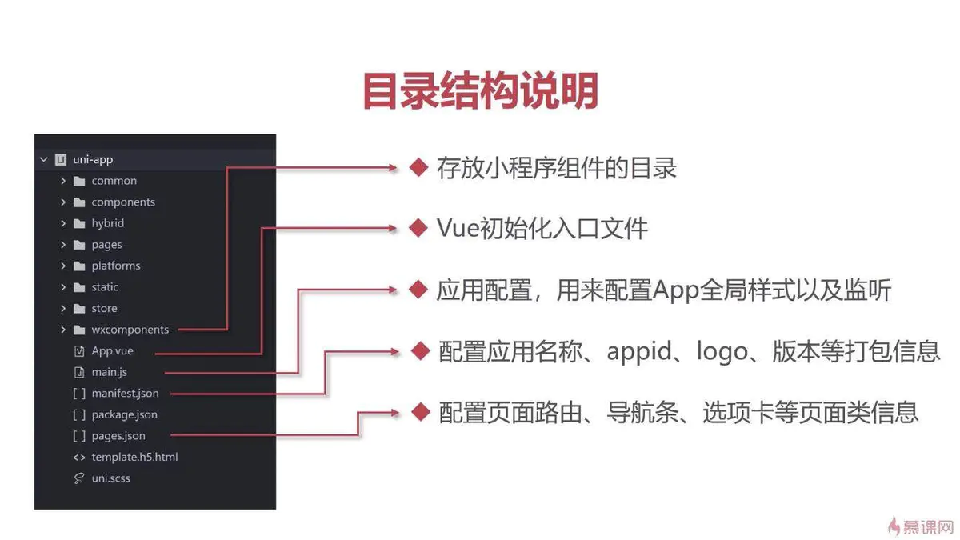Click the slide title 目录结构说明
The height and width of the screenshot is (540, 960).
pyautogui.click(x=480, y=90)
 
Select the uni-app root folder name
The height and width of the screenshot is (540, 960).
pyautogui.click(x=92, y=159)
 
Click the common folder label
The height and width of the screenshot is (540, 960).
pyautogui.click(x=114, y=181)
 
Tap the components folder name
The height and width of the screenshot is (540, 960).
pyautogui.click(x=123, y=202)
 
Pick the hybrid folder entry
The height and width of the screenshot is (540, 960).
pyautogui.click(x=107, y=223)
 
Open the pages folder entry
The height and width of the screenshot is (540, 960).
pyautogui.click(x=106, y=245)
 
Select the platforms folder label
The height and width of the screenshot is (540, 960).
pyautogui.click(x=115, y=266)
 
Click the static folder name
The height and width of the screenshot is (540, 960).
pyautogui.click(x=105, y=287)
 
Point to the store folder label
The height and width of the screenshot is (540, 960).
pyautogui.click(x=104, y=308)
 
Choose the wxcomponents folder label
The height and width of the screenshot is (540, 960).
pyautogui.click(x=130, y=330)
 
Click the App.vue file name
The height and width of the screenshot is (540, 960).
pyautogui.click(x=112, y=350)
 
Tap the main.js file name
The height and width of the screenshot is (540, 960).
pyautogui.click(x=109, y=372)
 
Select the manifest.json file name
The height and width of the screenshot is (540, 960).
pyautogui.click(x=125, y=394)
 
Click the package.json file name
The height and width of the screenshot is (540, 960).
pyautogui.click(x=124, y=414)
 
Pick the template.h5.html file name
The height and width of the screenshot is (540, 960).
pyautogui.click(x=134, y=458)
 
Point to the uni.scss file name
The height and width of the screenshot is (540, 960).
pyautogui.click(x=110, y=478)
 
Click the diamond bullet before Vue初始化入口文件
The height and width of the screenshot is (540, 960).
pyautogui.click(x=418, y=228)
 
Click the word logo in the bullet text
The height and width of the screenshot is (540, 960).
pyautogui.click(x=726, y=351)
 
